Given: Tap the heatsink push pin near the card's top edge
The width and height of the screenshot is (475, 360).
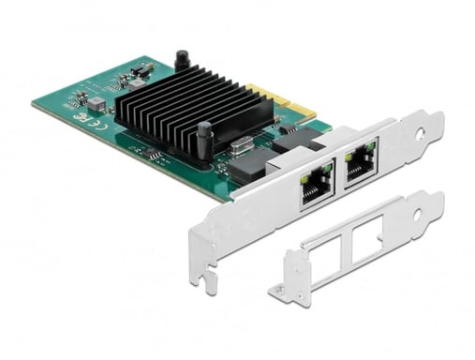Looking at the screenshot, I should pos(182,62).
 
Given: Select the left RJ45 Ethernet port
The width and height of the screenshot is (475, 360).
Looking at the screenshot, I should pos(312,185).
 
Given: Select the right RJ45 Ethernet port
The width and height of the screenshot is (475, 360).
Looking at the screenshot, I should pos(360,160).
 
